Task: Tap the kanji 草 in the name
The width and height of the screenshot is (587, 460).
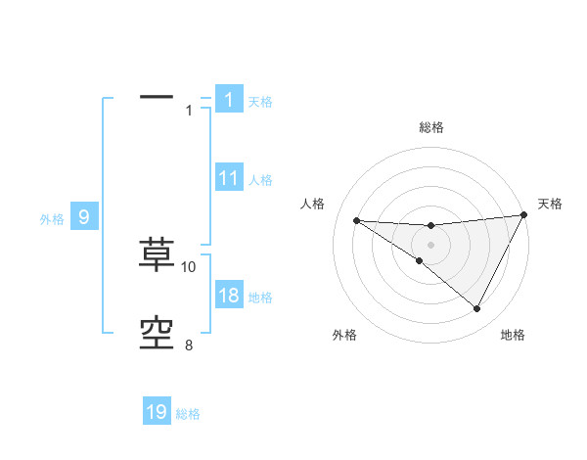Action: coord(157,253)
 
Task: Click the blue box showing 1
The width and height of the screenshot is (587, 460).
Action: coord(228,99)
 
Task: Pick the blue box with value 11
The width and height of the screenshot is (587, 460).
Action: coord(228,178)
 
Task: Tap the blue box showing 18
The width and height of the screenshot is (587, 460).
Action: coord(228,297)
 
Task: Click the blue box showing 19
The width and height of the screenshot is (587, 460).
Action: coord(157,412)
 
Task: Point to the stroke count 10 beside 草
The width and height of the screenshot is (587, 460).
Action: coord(189,266)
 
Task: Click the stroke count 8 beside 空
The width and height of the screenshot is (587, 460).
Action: coord(189,345)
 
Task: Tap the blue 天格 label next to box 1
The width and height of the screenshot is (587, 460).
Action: coord(260,102)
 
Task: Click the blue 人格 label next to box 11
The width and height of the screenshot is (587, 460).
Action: coord(260,180)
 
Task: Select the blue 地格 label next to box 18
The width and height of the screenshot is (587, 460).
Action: coord(260,298)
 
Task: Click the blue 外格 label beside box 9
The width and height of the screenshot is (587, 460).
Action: coord(52,219)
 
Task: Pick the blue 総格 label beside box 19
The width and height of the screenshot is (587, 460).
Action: coord(188,414)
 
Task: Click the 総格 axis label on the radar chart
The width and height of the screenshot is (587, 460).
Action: coord(430,127)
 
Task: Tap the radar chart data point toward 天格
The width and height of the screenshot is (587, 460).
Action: coord(524,215)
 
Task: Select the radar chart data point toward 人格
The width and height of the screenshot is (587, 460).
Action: coord(356,220)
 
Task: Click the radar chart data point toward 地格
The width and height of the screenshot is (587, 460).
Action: coord(477,309)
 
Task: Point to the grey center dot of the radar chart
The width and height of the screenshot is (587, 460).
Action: coord(430,245)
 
